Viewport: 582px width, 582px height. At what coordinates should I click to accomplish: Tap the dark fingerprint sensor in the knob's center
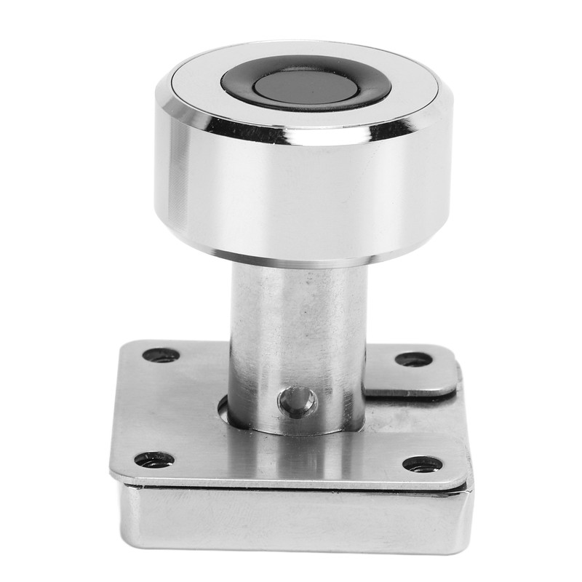coord(306,86)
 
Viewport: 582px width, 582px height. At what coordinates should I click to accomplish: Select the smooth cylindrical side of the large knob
coord(306,196)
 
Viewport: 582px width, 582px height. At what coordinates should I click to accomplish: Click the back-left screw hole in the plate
coord(161,356)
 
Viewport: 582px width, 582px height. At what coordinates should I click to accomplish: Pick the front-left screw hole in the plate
coord(154,460)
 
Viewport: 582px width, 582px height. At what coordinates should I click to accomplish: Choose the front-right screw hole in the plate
coord(423,464)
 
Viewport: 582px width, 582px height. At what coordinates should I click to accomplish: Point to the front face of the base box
coord(291,520)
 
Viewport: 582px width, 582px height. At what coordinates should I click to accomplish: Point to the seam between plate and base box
coord(291,486)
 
